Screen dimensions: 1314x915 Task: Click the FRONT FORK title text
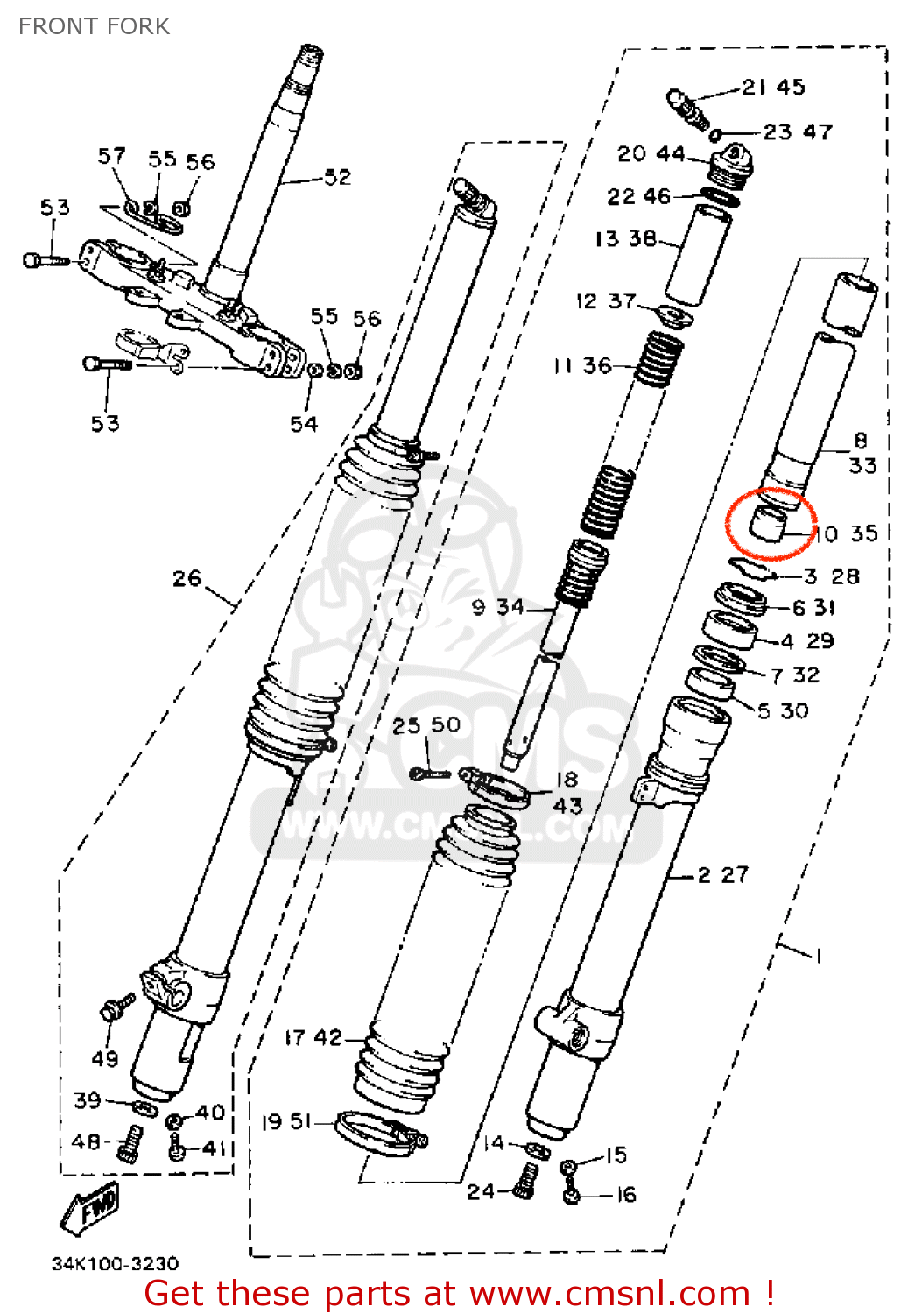[94, 26]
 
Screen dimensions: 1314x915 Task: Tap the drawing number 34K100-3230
[115, 1263]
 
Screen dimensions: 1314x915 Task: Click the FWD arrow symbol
[89, 1209]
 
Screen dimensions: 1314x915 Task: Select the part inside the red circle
[768, 524]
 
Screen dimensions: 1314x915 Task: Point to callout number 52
[337, 177]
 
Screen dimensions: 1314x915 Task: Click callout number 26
[187, 578]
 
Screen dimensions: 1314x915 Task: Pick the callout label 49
[105, 1058]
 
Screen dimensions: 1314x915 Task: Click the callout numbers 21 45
[773, 87]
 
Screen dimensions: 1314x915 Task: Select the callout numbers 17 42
[313, 1038]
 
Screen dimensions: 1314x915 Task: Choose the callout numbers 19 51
[286, 1121]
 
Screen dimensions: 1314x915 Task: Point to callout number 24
[481, 1191]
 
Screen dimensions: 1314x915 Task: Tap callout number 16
[625, 1195]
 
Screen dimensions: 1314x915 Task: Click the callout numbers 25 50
[426, 725]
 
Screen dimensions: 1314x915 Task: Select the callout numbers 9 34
[497, 607]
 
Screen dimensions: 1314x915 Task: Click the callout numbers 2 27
[723, 874]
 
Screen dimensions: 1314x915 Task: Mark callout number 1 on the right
[818, 955]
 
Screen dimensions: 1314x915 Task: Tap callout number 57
[111, 156]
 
